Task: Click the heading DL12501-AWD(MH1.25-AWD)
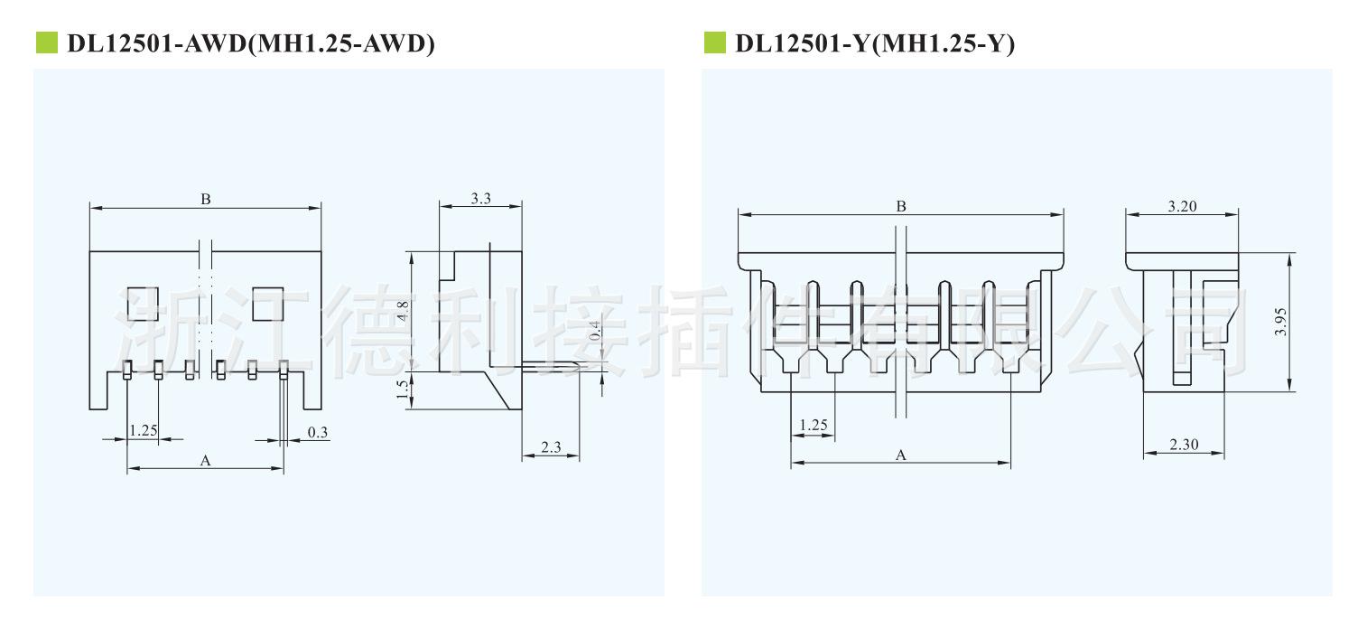(x=251, y=43)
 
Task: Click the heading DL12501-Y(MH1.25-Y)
(x=875, y=43)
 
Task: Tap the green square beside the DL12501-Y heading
(x=714, y=42)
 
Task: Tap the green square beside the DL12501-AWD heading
(x=47, y=42)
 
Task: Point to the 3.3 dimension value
(x=481, y=199)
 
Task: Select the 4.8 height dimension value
(x=403, y=312)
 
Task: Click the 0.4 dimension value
(x=595, y=331)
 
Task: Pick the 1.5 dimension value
(x=402, y=390)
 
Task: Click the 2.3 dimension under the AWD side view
(x=551, y=447)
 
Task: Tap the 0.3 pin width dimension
(x=317, y=432)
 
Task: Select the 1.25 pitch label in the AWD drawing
(x=144, y=430)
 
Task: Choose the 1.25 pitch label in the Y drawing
(x=814, y=425)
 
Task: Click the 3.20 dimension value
(x=1182, y=206)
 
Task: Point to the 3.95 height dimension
(x=1280, y=322)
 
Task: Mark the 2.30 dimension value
(x=1184, y=445)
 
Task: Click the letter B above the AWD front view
(x=206, y=199)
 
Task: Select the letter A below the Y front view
(x=901, y=455)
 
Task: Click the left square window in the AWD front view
(x=144, y=304)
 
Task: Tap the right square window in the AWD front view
(x=268, y=304)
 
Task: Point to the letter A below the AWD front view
(x=205, y=460)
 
